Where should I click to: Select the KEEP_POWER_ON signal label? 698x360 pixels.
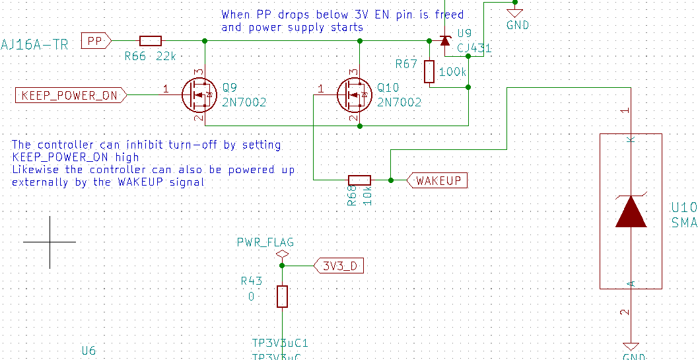coord(69,95)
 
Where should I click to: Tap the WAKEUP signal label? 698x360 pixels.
coord(438,180)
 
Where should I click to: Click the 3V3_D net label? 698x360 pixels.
coord(339,266)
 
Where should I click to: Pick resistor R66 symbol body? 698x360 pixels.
coord(151,41)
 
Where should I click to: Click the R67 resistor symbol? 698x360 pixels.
coord(429,71)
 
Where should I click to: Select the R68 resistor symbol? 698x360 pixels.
coord(359,180)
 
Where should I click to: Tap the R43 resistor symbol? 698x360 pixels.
coord(283,297)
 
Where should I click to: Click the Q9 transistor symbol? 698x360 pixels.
coord(199,95)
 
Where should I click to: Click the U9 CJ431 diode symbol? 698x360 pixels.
coord(444,41)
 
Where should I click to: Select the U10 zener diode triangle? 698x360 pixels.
coord(631,212)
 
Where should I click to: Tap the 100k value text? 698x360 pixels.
coord(452,71)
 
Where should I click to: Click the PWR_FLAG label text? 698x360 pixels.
coord(265,242)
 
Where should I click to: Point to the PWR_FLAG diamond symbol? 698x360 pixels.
coord(283,254)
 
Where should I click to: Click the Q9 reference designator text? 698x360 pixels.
coord(230,87)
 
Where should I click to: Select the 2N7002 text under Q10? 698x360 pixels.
coord(399,102)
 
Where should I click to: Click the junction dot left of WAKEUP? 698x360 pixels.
coord(391,180)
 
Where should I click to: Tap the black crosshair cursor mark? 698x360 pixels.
coord(50,242)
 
